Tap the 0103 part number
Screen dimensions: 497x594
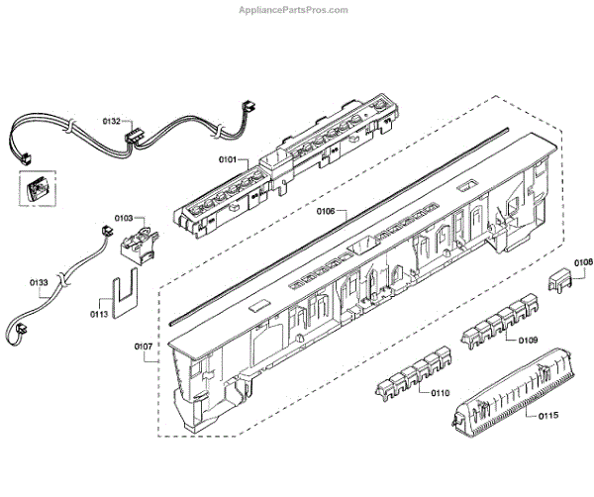click(125, 216)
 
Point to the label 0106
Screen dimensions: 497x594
click(325, 210)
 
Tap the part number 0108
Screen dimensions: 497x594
click(584, 261)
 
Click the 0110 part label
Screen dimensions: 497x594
click(440, 392)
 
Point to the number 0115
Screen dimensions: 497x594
click(546, 417)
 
